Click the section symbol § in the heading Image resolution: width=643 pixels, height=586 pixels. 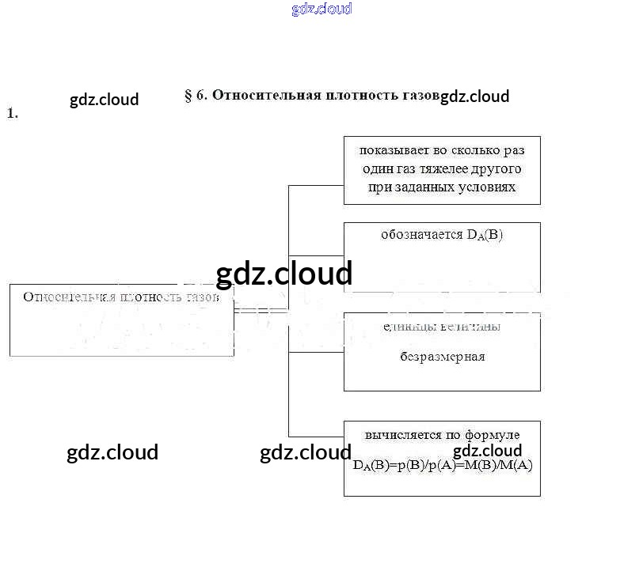188,96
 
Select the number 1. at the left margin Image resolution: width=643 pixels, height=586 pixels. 12,113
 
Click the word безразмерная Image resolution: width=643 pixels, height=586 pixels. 442,357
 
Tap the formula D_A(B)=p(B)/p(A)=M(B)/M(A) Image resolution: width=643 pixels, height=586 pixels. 443,465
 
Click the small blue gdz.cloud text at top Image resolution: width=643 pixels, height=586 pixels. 321,9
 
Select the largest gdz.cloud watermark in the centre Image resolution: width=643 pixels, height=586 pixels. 283,274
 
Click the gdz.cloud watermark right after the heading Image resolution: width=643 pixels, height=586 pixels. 474,96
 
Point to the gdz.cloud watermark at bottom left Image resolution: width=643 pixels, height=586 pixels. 112,452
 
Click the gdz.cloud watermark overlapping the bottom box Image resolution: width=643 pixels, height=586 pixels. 487,451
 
